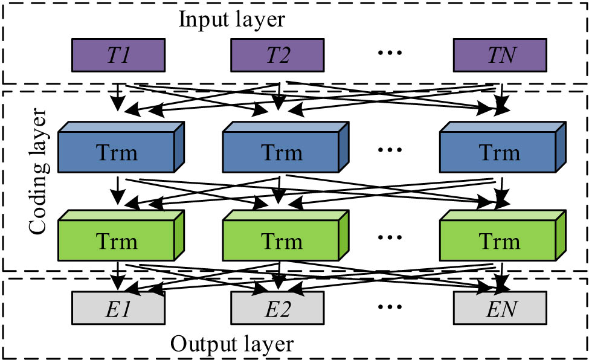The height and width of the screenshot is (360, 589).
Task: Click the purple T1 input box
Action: (118, 55)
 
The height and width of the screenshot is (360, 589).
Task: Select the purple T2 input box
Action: (278, 55)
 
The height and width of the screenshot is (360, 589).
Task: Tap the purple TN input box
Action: (500, 55)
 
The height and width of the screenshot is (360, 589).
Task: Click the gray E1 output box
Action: (118, 312)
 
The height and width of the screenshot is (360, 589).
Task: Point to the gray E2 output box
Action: (278, 312)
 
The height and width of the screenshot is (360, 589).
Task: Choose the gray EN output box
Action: (500, 312)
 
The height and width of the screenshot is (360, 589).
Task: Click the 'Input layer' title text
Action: (231, 20)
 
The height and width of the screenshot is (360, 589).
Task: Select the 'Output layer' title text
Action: (231, 344)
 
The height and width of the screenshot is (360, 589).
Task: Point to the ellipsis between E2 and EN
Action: (388, 309)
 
